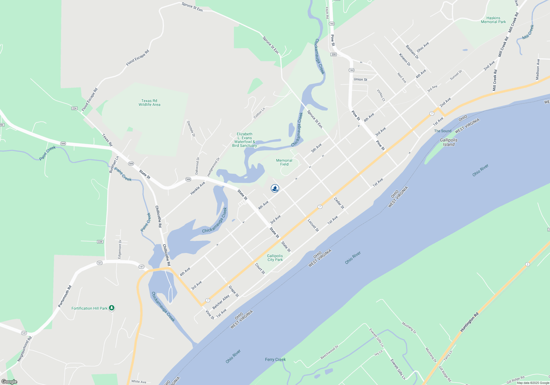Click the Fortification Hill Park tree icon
coord(111,308)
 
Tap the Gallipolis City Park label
coord(275,258)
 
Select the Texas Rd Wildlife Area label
coord(149,103)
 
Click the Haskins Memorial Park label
coord(493,20)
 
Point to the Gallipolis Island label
coord(449,142)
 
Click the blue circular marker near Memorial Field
coord(275,188)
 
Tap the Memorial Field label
coord(284,162)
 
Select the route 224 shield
coord(74,108)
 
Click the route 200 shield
coord(334,54)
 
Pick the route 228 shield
coord(100,242)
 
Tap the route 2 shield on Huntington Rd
coord(527,264)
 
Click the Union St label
coord(360,79)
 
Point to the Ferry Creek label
coord(275,359)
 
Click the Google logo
coord(9,382)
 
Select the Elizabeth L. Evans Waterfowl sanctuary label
coord(244,140)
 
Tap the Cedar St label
coord(339,203)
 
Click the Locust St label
coord(313,226)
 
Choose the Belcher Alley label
coord(221,302)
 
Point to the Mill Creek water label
coord(528,32)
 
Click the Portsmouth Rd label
coord(65,296)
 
